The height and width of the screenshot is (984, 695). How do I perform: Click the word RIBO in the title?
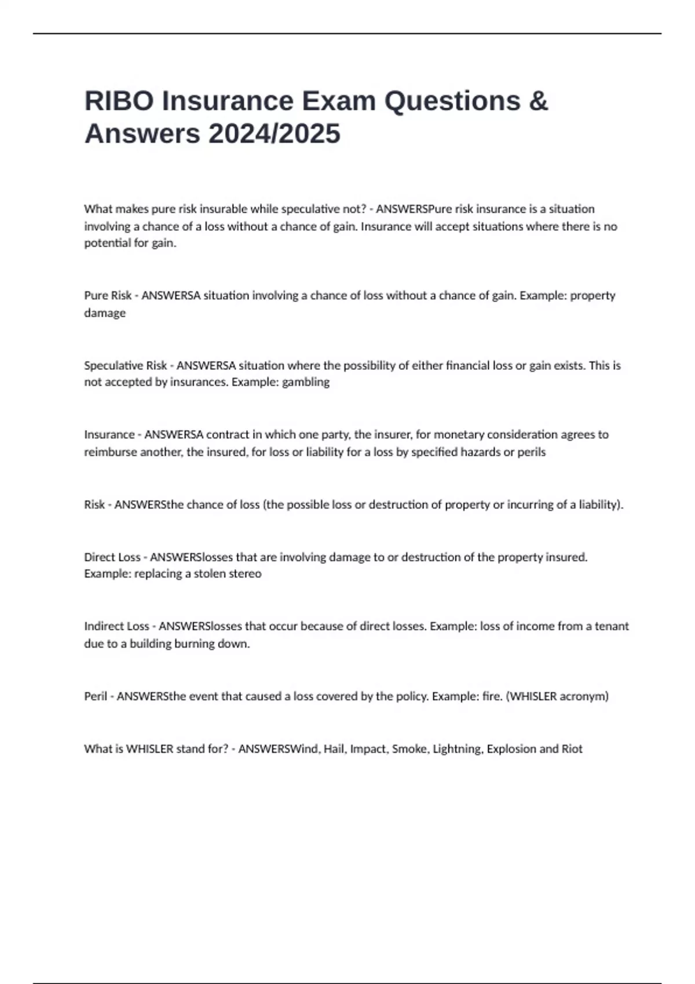coord(119,101)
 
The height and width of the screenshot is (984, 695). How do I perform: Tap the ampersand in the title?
coord(538,101)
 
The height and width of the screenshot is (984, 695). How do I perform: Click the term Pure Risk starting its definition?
coord(108,295)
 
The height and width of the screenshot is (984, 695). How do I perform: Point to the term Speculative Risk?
coord(125,365)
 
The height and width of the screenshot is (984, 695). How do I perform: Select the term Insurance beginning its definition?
coord(109,435)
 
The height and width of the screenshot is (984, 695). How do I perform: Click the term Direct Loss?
coord(112,557)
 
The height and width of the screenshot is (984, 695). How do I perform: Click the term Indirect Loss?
coord(116,626)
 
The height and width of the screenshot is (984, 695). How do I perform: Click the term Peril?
coord(96,696)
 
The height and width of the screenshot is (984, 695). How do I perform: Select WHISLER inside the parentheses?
coord(533,696)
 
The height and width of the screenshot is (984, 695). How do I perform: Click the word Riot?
coord(572,749)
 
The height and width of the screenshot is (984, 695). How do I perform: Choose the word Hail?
coord(334,749)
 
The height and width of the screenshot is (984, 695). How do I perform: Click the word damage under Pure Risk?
coord(105,313)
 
